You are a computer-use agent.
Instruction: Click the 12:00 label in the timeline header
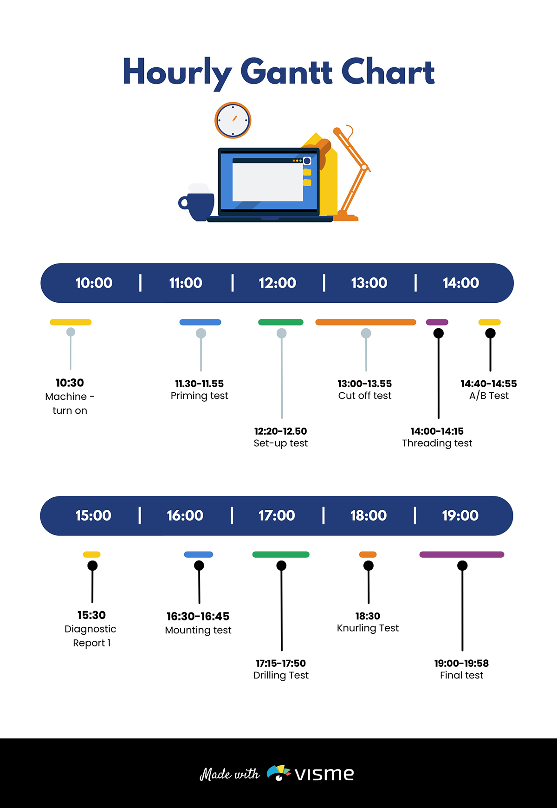click(277, 283)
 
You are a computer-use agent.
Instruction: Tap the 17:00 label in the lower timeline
click(277, 515)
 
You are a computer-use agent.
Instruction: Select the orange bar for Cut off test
click(365, 322)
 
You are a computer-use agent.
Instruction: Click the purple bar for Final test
click(461, 554)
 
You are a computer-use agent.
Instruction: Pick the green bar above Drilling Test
click(281, 554)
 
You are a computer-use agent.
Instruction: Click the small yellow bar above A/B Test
click(489, 322)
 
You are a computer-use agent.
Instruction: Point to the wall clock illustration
click(233, 120)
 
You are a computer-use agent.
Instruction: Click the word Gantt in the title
click(286, 72)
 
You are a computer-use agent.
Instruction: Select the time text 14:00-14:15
click(437, 431)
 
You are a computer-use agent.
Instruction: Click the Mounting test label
click(198, 630)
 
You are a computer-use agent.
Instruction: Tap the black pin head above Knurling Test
click(369, 566)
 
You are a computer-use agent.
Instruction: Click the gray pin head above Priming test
click(201, 333)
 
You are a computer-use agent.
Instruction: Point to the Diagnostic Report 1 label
click(91, 636)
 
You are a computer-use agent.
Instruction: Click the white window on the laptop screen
click(268, 182)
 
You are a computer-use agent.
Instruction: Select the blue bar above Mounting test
click(199, 554)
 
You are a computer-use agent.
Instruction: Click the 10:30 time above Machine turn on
click(70, 383)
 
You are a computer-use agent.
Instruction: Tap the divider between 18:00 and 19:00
click(415, 515)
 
